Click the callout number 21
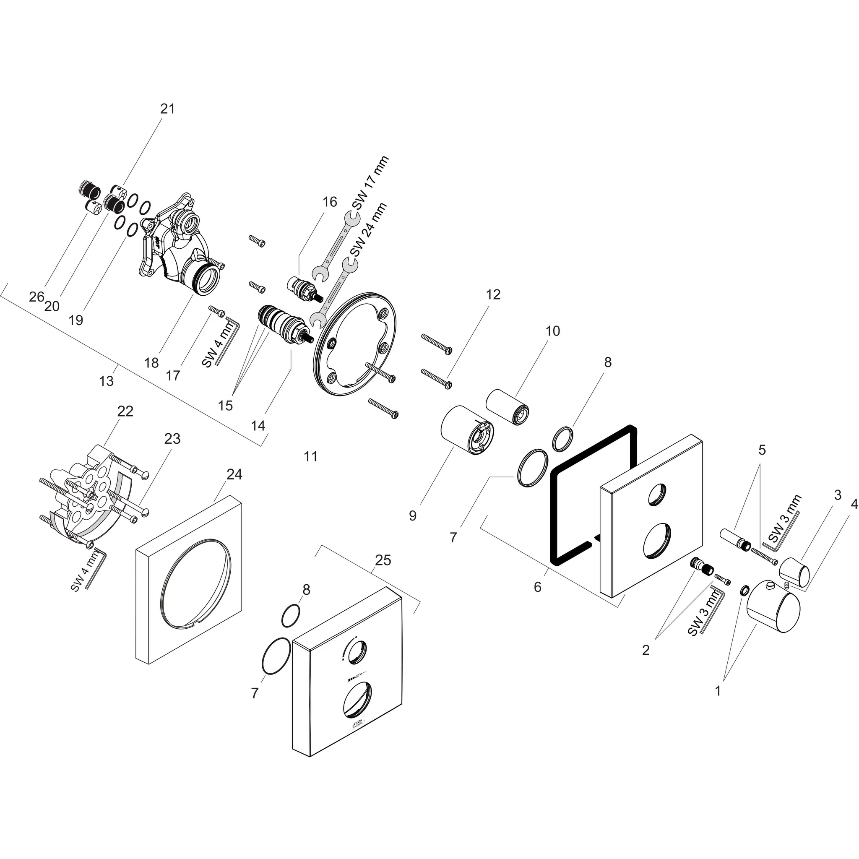coord(167,109)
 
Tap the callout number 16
coord(329,202)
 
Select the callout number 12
coord(493,294)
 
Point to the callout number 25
coord(383,560)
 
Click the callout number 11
coord(310,456)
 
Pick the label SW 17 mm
coord(370,183)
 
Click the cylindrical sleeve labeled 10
coord(508,406)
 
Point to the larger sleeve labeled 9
coord(467,430)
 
